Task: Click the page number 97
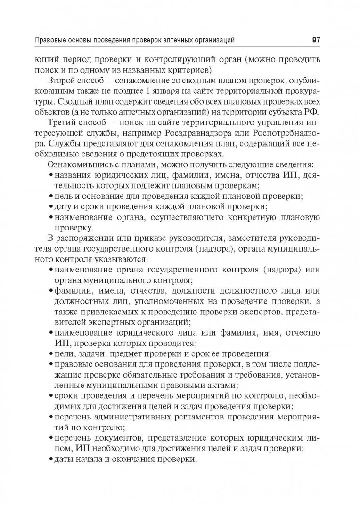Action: coord(316,40)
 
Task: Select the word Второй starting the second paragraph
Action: coord(61,82)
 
